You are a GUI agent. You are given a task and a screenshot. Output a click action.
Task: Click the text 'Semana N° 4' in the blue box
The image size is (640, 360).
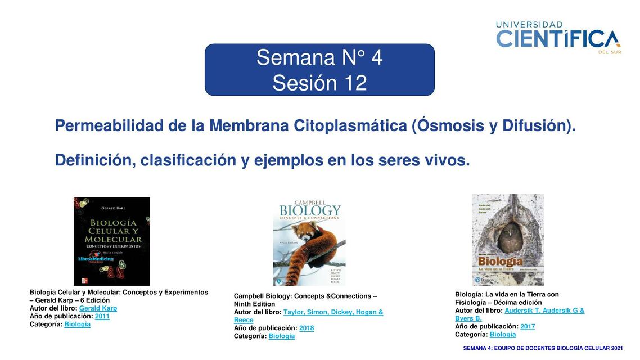[x=319, y=57]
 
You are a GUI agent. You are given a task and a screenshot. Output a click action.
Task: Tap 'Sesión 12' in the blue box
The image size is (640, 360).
[x=319, y=83]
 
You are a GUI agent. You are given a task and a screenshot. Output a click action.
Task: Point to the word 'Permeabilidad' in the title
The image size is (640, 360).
[x=109, y=125]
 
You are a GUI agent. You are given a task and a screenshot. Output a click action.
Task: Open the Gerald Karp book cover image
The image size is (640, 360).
[x=112, y=241]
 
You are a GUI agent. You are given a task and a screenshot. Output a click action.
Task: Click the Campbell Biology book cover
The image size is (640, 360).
[x=309, y=244]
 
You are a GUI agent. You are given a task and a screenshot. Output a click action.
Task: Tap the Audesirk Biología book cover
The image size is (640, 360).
[x=508, y=239]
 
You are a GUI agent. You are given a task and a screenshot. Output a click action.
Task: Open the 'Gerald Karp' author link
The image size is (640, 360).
[x=98, y=308]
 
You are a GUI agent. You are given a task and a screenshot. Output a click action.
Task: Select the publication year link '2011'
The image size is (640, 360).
[x=102, y=316]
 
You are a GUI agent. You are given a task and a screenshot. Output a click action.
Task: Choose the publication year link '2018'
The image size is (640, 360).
[x=307, y=328]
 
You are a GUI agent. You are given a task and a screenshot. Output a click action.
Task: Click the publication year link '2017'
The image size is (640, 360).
[x=528, y=326]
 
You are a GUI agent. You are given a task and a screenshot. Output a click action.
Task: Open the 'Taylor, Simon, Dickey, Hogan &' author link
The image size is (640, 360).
[x=333, y=312]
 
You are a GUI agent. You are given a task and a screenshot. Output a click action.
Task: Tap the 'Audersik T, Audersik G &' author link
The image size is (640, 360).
[x=544, y=310]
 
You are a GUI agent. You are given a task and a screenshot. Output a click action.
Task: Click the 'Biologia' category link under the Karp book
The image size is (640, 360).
[x=77, y=324]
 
